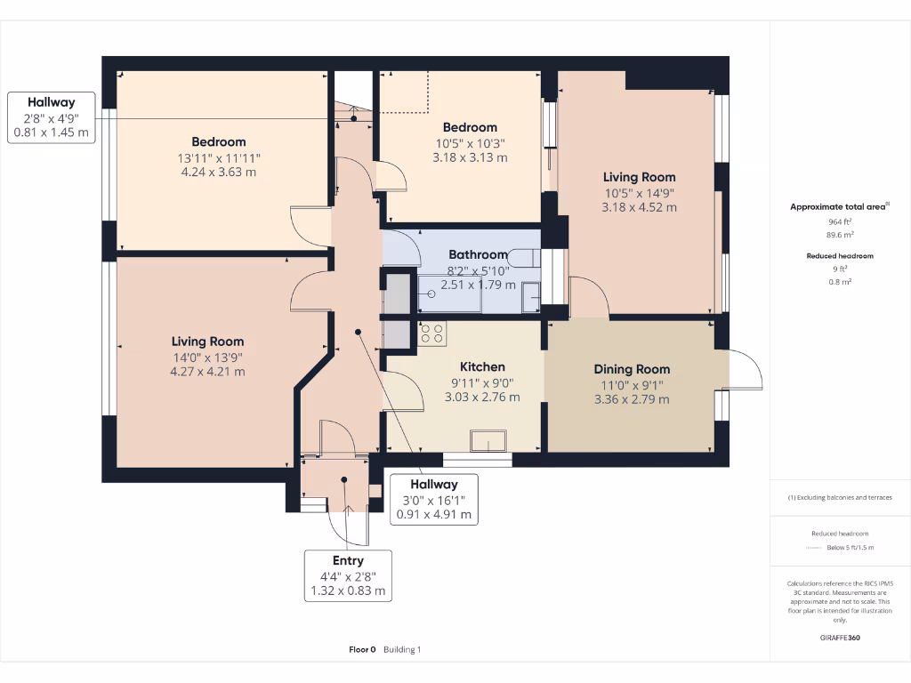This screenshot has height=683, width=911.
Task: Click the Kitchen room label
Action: (482, 366)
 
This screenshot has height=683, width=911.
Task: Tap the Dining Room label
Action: (632, 369)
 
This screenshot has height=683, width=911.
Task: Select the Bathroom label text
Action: (479, 254)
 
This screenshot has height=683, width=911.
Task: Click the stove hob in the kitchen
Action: (432, 333)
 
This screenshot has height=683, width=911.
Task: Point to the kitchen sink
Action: (489, 441)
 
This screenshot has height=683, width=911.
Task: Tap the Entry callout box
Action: (348, 575)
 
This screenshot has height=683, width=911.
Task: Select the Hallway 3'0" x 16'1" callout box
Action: (433, 499)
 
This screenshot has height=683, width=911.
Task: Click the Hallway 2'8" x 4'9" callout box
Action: (51, 117)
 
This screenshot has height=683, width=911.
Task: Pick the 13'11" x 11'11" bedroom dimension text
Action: (219, 157)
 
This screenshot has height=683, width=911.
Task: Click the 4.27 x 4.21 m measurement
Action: (207, 372)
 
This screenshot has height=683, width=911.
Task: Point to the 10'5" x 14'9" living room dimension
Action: (639, 192)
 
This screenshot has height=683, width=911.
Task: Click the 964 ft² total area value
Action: (840, 221)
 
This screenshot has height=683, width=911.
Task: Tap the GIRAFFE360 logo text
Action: (840, 638)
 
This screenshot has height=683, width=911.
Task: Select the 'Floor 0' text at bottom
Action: (362, 649)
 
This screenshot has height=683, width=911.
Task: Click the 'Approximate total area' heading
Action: (838, 206)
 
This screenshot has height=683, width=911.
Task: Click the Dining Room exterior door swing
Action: (746, 370)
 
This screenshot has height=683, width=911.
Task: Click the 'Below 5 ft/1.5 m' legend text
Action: (851, 547)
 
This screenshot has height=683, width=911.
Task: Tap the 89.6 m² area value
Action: (840, 236)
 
